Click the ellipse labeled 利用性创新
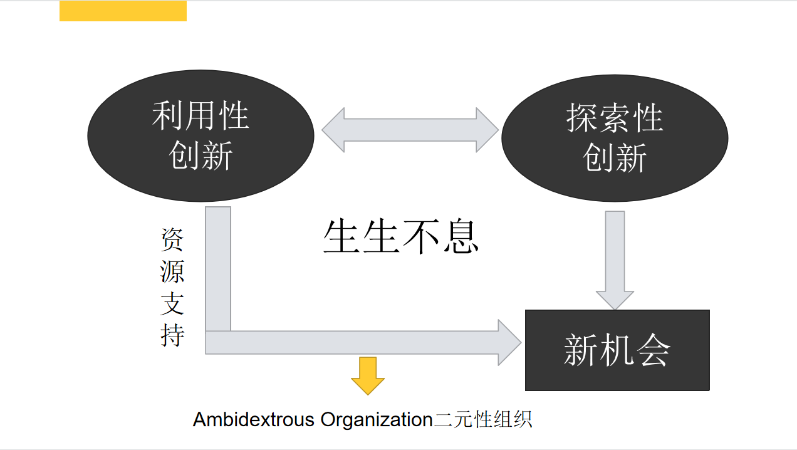click(201, 136)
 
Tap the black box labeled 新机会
click(617, 350)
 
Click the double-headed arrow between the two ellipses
click(410, 130)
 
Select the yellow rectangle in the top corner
click(123, 11)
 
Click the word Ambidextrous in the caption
click(253, 419)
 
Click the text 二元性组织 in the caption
click(483, 419)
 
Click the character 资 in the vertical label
click(172, 240)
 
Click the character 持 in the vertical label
click(172, 335)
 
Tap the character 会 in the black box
click(652, 350)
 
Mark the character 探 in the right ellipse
click(582, 118)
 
